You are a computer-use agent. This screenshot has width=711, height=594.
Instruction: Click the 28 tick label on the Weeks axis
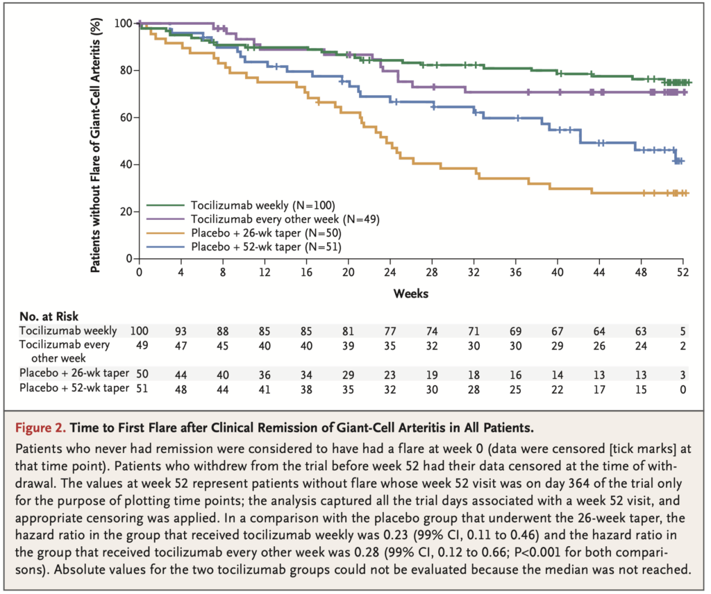pos(433,273)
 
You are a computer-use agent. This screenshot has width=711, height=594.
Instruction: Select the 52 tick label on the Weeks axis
pos(683,273)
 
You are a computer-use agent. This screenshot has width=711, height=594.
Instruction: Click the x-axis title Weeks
pos(411,293)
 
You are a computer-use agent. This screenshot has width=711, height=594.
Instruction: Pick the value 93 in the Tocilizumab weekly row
pos(181,332)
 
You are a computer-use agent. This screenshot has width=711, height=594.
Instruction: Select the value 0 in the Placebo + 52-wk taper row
pos(683,389)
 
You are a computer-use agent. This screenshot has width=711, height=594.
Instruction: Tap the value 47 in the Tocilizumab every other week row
pos(181,346)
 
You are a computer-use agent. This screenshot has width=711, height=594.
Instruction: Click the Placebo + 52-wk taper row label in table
pos(74,389)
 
